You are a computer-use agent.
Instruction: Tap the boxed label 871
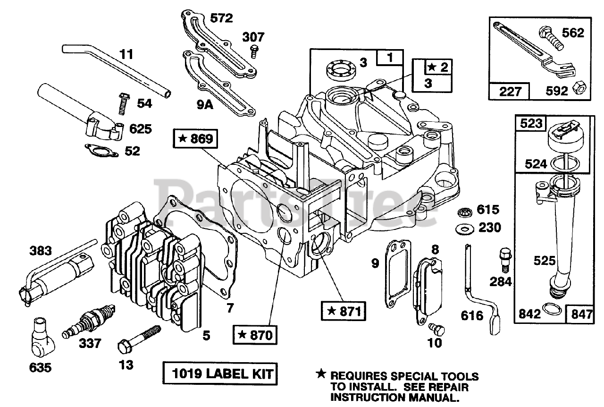344,311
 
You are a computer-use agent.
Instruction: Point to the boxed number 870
255,335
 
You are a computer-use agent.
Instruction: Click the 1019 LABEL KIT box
219,375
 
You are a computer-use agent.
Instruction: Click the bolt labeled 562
551,40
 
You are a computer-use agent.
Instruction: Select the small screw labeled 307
254,50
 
